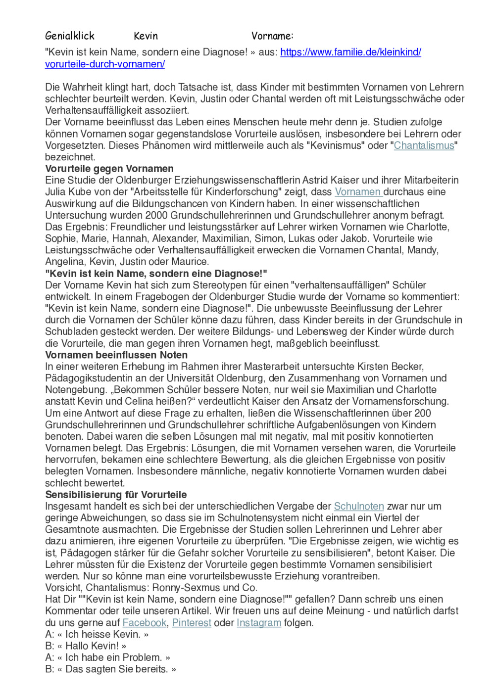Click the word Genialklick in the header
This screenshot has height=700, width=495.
tap(69, 36)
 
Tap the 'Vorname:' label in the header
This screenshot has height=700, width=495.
tap(272, 36)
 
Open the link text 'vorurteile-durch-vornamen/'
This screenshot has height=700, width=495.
tap(105, 64)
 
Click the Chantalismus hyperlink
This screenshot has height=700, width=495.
tap(424, 145)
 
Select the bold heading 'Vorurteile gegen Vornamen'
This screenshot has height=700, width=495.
tap(109, 169)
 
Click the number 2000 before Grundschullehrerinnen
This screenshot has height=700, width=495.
tap(157, 215)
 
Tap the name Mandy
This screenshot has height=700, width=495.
tap(422, 250)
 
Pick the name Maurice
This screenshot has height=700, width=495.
tap(190, 262)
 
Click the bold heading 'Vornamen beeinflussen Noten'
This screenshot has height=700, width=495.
tap(116, 355)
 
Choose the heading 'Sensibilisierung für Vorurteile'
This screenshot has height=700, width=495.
tap(116, 495)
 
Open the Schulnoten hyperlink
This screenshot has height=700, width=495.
tap(359, 506)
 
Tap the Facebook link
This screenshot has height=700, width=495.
tap(145, 623)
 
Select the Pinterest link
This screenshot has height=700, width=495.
tap(192, 623)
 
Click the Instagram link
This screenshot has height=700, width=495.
tap(259, 623)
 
